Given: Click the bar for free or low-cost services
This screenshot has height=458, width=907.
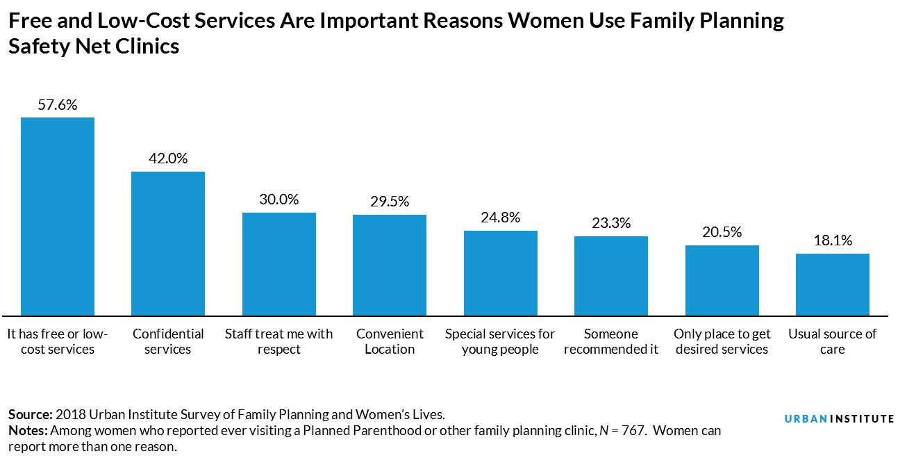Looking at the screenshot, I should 58,216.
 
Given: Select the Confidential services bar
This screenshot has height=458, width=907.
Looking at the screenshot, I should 168,243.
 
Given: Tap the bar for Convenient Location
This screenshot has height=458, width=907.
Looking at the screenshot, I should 390,265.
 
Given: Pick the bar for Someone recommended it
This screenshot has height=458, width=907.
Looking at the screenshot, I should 611,275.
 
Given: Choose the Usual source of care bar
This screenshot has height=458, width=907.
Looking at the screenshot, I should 832,284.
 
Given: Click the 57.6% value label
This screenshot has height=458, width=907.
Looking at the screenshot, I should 58,106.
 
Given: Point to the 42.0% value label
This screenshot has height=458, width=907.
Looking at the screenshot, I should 168,158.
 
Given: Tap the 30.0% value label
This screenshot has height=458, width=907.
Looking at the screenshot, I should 279,199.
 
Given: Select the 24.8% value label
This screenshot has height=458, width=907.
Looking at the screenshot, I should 500,218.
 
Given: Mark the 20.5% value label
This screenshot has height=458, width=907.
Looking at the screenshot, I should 722,232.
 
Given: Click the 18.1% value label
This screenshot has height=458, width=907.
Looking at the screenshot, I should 832,240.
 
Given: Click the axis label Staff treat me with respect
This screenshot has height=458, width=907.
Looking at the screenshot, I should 279,341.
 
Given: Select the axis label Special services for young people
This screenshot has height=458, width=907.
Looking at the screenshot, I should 500,341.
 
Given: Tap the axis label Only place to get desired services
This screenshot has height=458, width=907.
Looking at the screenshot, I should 722,341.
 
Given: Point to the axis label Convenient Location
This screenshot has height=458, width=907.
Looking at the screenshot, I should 390,341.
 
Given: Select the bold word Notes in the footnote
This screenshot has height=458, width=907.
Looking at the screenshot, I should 26,431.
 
